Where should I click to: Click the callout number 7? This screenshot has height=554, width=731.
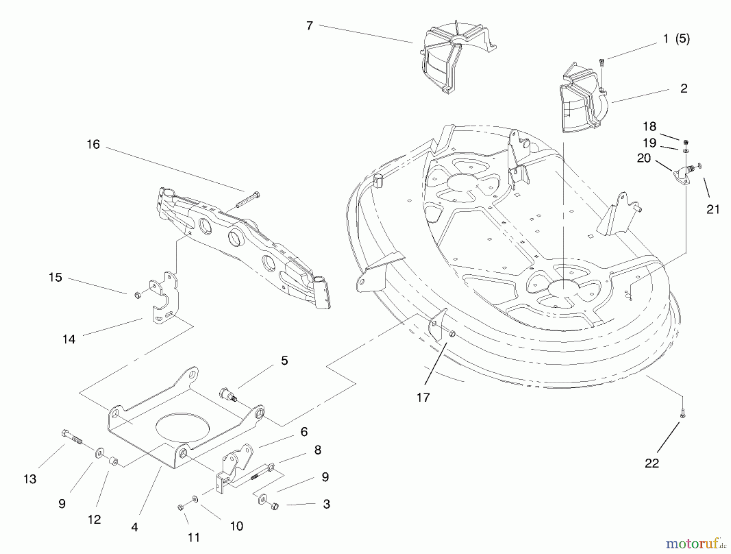pyautogui.click(x=309, y=26)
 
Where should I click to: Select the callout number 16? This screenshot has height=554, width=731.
pyautogui.click(x=93, y=144)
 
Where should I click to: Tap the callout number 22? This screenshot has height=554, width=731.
pyautogui.click(x=652, y=463)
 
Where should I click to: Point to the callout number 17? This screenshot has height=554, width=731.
pyautogui.click(x=423, y=398)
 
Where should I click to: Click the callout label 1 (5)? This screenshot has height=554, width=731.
pyautogui.click(x=676, y=39)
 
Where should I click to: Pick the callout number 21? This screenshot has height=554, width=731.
pyautogui.click(x=713, y=209)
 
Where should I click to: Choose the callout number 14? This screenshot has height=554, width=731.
pyautogui.click(x=69, y=339)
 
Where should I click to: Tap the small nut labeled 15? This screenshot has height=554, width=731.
pyautogui.click(x=138, y=295)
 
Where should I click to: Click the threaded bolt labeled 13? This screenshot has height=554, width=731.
pyautogui.click(x=72, y=438)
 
